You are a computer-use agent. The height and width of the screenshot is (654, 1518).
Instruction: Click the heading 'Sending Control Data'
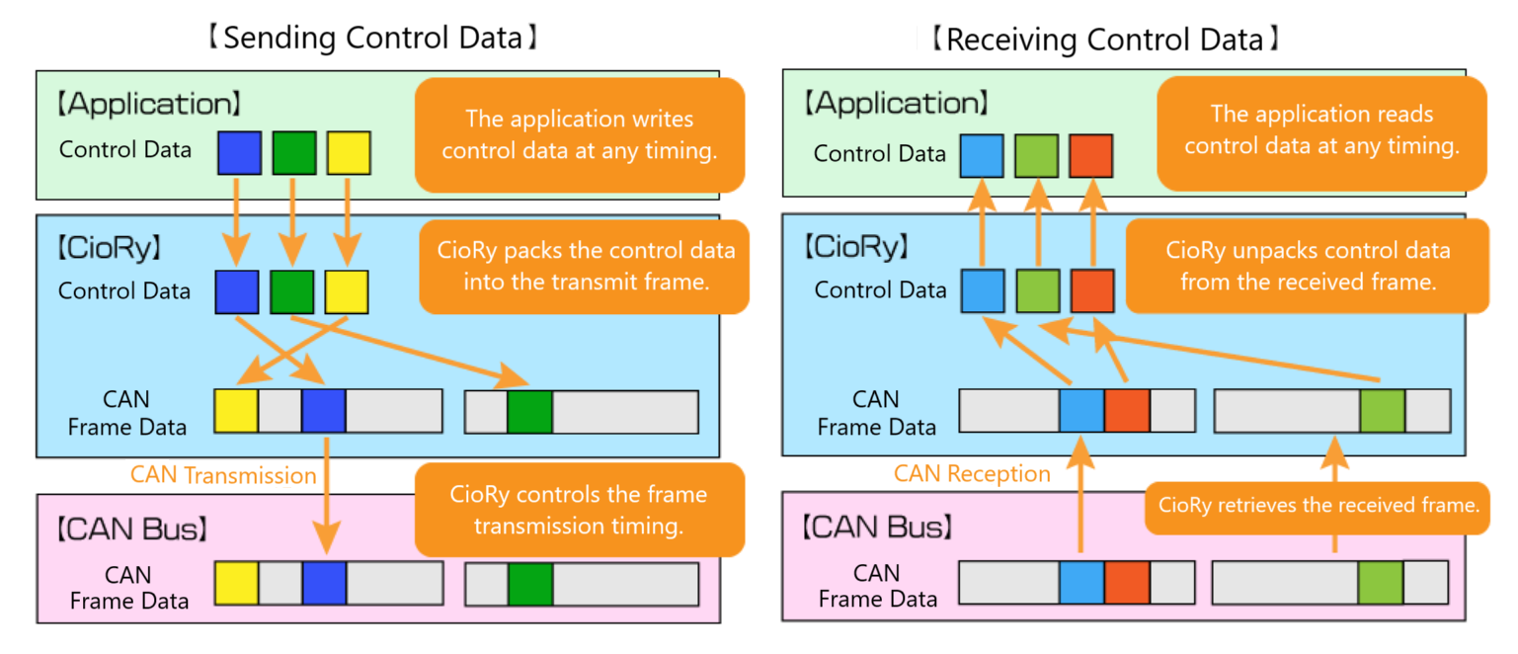pyautogui.click(x=372, y=38)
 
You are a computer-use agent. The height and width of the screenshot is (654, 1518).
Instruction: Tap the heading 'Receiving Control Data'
pyautogui.click(x=1105, y=40)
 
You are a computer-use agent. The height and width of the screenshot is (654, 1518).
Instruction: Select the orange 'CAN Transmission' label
pyautogui.click(x=223, y=475)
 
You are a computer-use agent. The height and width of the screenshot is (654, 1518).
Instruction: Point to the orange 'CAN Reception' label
pyautogui.click(x=972, y=474)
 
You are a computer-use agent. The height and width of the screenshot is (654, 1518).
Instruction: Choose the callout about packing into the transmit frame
pyautogui.click(x=584, y=267)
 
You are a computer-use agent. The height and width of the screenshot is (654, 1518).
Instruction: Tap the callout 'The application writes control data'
pyautogui.click(x=580, y=135)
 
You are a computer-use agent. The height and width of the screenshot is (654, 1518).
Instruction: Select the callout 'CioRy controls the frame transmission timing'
pyautogui.click(x=580, y=510)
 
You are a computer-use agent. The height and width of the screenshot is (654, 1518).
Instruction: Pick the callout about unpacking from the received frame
pyautogui.click(x=1308, y=266)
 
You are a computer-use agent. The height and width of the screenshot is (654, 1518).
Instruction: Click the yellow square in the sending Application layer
pyautogui.click(x=349, y=153)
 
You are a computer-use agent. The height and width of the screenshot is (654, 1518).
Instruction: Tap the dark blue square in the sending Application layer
pyautogui.click(x=239, y=153)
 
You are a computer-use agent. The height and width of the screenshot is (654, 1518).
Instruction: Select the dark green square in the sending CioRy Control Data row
pyautogui.click(x=292, y=292)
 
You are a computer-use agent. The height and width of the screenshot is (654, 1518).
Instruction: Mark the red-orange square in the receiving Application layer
pyautogui.click(x=1091, y=156)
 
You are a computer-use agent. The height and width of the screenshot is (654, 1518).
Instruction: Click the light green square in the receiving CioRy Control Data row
pyautogui.click(x=1038, y=290)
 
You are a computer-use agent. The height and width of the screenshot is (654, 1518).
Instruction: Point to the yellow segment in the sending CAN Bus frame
pyautogui.click(x=236, y=583)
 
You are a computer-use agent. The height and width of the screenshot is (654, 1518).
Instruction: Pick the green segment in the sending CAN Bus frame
pyautogui.click(x=530, y=584)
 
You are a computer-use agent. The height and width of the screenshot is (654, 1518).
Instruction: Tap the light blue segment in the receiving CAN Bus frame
pyautogui.click(x=1081, y=582)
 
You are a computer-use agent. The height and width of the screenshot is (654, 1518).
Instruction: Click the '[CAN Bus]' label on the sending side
pyautogui.click(x=132, y=530)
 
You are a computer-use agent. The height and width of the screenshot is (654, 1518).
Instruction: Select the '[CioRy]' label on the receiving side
pyautogui.click(x=856, y=247)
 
